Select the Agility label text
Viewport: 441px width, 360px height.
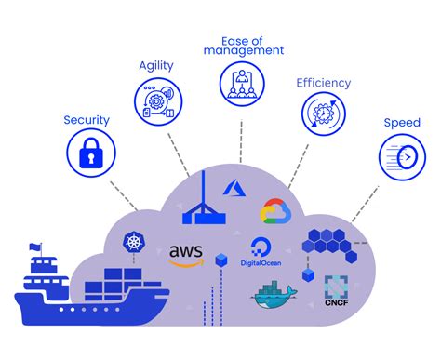[x=156, y=66]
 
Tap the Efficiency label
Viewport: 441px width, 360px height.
[x=323, y=83]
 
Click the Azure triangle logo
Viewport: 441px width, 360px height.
[x=233, y=187]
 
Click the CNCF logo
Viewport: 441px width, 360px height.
[x=336, y=290]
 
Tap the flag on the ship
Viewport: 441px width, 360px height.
[x=36, y=247]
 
